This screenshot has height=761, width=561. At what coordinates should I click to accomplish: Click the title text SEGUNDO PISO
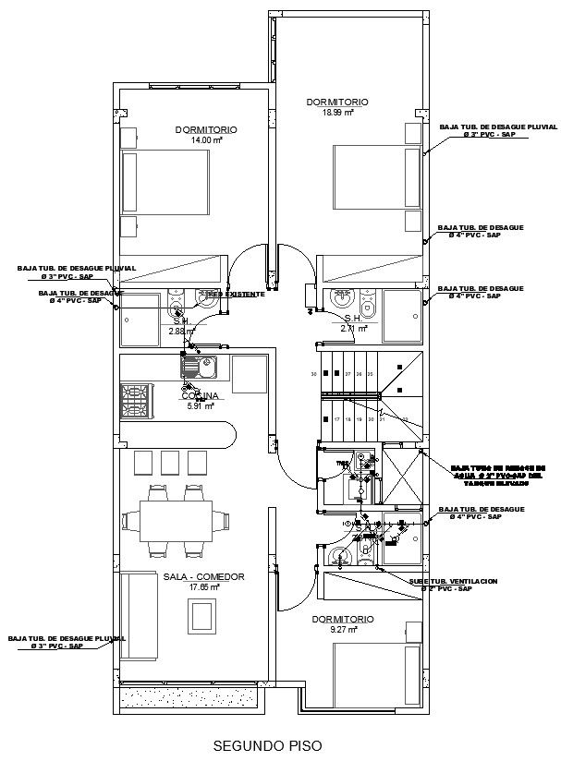pyautogui.click(x=268, y=744)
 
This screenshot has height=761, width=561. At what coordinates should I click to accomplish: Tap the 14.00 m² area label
pyautogui.click(x=206, y=141)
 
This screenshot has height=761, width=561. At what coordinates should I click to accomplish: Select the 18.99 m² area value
pyautogui.click(x=338, y=113)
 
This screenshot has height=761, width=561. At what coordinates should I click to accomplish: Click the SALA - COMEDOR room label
pyautogui.click(x=203, y=576)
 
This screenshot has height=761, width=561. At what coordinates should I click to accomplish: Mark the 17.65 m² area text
pyautogui.click(x=203, y=587)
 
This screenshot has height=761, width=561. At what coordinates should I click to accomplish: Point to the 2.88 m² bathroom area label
pyautogui.click(x=183, y=330)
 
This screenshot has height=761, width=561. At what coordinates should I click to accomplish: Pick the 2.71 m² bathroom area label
pyautogui.click(x=354, y=328)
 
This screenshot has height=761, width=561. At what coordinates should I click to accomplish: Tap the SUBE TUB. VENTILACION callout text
pyautogui.click(x=453, y=581)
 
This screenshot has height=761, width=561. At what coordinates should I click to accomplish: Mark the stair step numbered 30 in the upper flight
pyautogui.click(x=314, y=374)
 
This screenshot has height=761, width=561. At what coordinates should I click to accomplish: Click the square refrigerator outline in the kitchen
pyautogui.click(x=250, y=373)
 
